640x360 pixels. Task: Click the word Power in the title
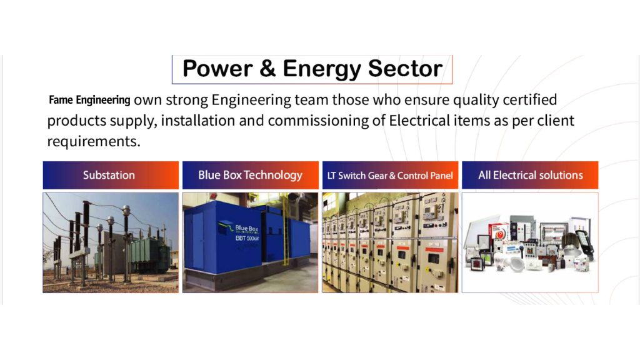point(217,68)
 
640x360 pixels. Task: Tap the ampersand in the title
point(267,68)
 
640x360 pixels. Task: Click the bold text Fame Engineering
point(89,99)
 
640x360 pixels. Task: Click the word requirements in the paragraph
point(94,141)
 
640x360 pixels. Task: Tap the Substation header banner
point(111,175)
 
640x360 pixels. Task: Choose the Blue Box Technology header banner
point(250,175)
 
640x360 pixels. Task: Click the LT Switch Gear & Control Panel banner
point(390,175)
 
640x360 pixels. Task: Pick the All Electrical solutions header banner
point(530,175)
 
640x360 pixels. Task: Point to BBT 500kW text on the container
point(247,238)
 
